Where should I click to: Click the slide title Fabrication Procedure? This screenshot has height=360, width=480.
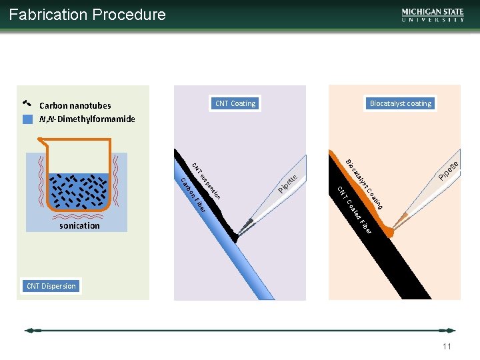coord(87,15)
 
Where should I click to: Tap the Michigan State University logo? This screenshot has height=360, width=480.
coord(433,15)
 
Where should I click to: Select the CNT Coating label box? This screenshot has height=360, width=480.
coord(235,103)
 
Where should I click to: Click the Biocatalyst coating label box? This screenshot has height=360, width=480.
coord(400,103)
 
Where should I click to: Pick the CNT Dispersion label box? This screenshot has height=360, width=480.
coord(51,286)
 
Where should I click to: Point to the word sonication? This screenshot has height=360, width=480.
coord(79,225)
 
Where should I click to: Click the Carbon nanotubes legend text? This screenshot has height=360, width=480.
coord(75,105)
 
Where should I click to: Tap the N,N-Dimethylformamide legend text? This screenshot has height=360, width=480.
coord(87,119)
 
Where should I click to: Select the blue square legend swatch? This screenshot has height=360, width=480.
coord(27,119)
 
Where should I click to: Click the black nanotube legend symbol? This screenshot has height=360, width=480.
coord(27,104)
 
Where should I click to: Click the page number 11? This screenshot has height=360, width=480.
coord(447,347)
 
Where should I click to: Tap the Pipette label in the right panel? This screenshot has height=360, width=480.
coord(449,170)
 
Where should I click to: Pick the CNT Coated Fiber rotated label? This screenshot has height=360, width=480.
coord(353,210)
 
